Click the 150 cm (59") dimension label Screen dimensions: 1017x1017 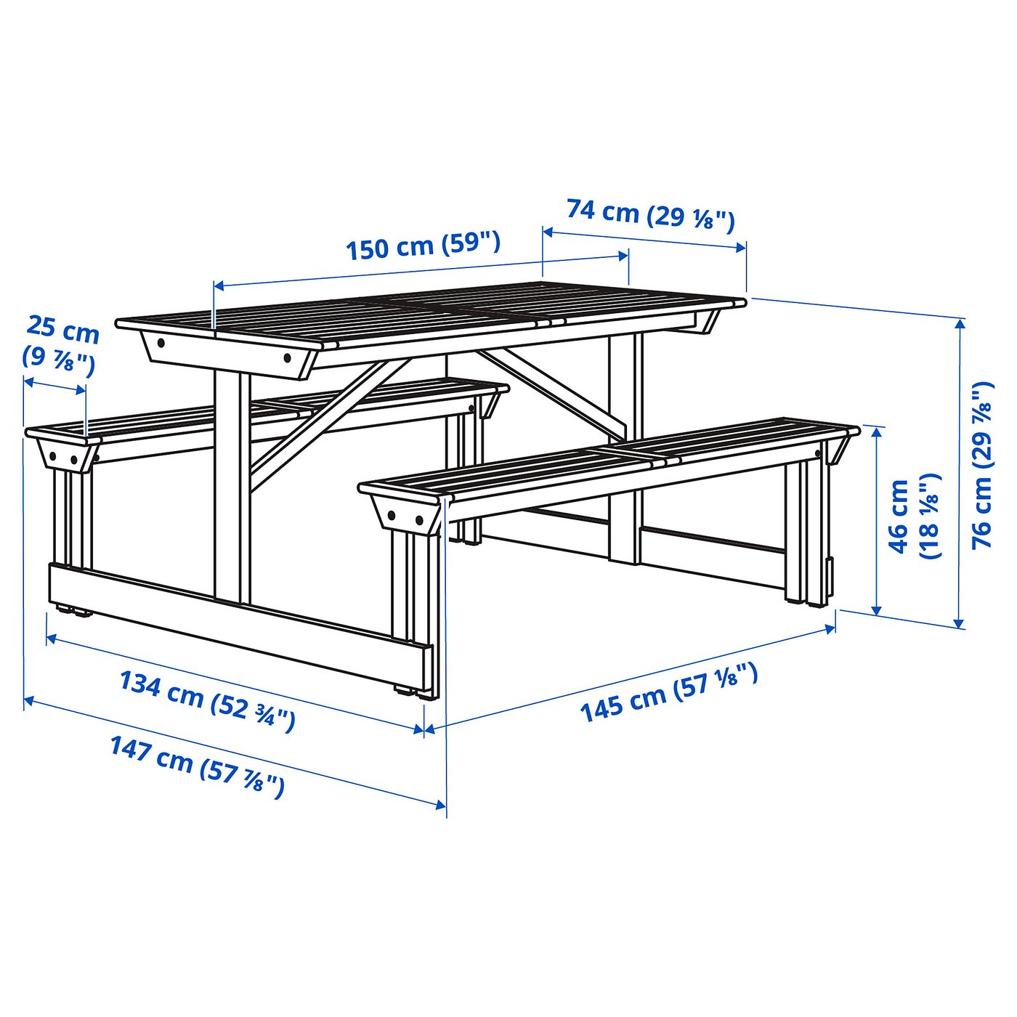pos(423,246)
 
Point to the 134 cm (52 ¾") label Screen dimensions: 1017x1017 pos(207,700)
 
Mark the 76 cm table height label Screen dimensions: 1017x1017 pos(982,465)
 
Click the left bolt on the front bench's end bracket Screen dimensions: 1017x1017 pos(392,515)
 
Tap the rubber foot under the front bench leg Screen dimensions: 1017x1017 pos(410,691)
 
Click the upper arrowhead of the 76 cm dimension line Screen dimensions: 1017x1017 pos(960,324)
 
